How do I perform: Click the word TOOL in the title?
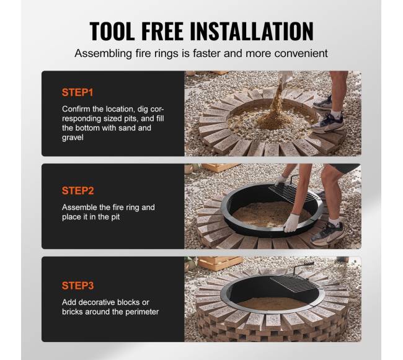point(112,32)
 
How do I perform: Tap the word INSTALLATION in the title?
point(252,32)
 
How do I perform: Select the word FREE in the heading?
point(162,32)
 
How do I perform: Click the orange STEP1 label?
point(77,92)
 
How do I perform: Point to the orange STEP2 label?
point(78,191)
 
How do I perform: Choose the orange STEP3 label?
point(78,286)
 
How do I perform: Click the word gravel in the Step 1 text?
point(73,138)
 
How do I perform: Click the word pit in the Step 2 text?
point(115,217)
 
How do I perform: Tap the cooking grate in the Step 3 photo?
point(294,283)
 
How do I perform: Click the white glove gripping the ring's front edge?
point(291,222)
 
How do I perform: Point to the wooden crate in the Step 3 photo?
point(221,263)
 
